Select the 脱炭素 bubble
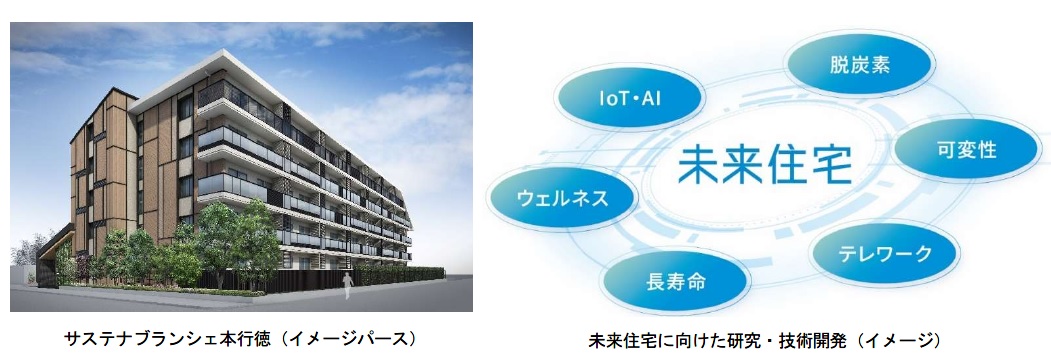click(859, 66)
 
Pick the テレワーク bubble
click(885, 253)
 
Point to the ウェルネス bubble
click(562, 198)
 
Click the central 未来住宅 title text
click(764, 164)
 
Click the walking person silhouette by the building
click(347, 286)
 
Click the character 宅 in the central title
click(830, 164)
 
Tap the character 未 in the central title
click(698, 164)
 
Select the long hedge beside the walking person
click(398, 275)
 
